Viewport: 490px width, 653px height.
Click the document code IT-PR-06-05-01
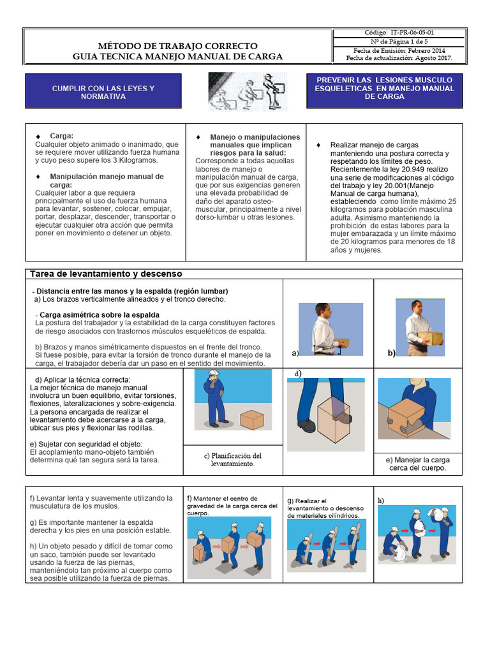pyautogui.click(x=412, y=33)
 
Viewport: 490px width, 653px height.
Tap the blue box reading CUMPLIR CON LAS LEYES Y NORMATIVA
pyautogui.click(x=103, y=91)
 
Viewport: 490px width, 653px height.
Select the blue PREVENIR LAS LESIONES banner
pyautogui.click(x=384, y=91)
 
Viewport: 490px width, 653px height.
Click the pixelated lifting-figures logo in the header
pyautogui.click(x=248, y=92)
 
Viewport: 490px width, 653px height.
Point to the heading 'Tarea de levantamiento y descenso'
pyautogui.click(x=107, y=274)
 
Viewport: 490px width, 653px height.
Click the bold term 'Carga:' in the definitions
pyautogui.click(x=62, y=136)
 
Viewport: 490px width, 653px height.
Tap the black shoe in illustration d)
pyautogui.click(x=307, y=425)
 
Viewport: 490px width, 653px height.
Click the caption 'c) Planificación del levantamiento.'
pyautogui.click(x=233, y=460)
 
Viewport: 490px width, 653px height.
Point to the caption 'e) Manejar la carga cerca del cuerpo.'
pyautogui.click(x=418, y=464)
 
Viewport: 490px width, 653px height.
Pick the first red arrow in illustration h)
pyautogui.click(x=405, y=531)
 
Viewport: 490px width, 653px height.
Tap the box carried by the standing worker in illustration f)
pyautogui.click(x=254, y=539)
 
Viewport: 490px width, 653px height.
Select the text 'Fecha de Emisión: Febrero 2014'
pyautogui.click(x=399, y=51)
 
